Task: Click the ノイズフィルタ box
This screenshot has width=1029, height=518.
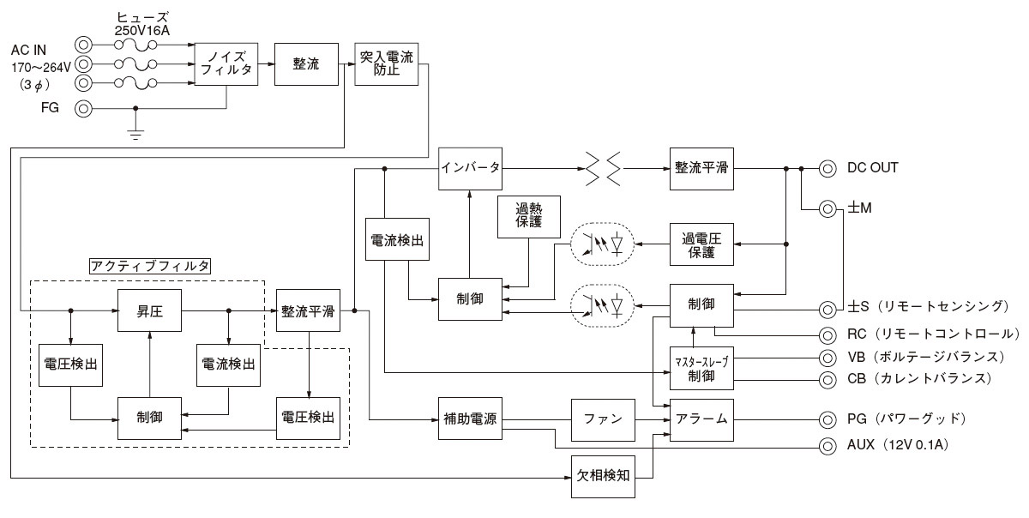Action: [226, 64]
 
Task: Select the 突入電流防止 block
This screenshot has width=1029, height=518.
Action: [386, 64]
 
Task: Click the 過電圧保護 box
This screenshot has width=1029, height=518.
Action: [702, 245]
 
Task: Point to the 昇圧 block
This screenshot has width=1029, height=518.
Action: [151, 310]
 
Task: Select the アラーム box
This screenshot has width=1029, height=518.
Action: [702, 419]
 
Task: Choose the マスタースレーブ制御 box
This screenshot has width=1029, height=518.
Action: [702, 368]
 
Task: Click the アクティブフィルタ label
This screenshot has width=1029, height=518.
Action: [151, 265]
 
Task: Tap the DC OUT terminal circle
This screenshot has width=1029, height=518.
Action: [827, 168]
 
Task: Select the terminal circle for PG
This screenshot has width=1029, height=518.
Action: [827, 419]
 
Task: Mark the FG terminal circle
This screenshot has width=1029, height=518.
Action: [84, 109]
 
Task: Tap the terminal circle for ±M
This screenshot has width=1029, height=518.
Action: [827, 208]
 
